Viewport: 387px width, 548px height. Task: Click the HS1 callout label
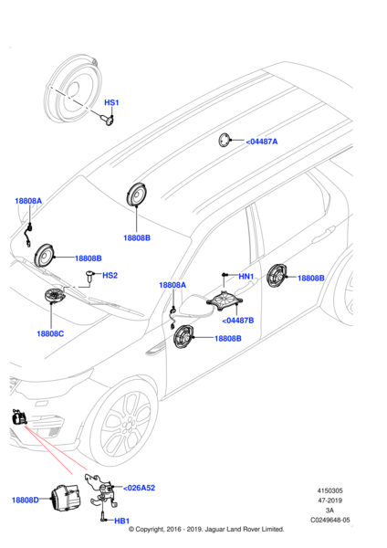(111, 102)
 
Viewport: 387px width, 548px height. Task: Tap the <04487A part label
(262, 142)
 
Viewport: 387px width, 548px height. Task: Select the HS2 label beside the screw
(110, 276)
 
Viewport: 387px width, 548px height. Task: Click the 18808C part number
(50, 333)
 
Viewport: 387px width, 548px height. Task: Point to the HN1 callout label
(246, 276)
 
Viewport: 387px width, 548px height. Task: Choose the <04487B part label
(238, 321)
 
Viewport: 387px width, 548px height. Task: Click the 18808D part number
(26, 501)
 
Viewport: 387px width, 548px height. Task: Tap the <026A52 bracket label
(139, 488)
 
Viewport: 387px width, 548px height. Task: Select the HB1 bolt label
(122, 522)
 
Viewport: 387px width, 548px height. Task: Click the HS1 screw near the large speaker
(109, 121)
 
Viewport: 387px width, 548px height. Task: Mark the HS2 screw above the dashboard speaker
(90, 276)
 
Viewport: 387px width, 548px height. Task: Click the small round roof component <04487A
(225, 140)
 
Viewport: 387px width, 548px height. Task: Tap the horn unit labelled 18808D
(66, 499)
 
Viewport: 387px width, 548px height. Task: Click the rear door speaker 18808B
(277, 276)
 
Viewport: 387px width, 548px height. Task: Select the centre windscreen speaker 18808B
(136, 194)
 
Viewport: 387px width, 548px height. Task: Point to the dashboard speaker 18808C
(55, 296)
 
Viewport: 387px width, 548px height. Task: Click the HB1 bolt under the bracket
(103, 517)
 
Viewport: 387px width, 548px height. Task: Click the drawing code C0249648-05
(330, 520)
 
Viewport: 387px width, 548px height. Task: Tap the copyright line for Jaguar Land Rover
(206, 530)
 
